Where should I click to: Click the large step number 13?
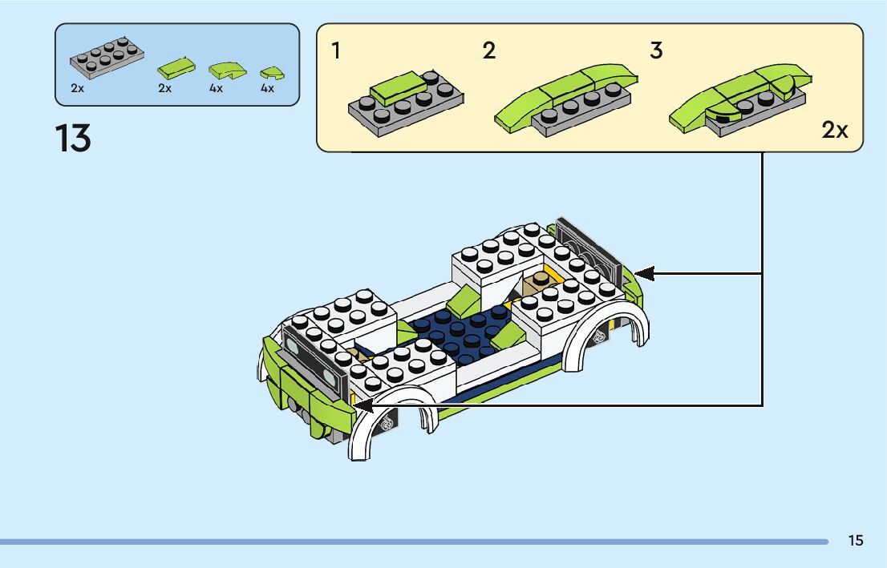[74, 139]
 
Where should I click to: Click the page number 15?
[856, 541]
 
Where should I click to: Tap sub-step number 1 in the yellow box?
[336, 51]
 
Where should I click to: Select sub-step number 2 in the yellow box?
[489, 51]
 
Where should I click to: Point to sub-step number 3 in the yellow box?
[656, 51]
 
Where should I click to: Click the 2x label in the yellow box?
[835, 131]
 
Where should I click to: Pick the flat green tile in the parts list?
[176, 66]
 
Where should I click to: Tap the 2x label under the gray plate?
[77, 88]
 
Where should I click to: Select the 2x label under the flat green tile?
[165, 88]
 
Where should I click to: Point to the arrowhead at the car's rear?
[643, 274]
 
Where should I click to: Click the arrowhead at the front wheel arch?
[362, 405]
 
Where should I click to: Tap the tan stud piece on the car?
[540, 280]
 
